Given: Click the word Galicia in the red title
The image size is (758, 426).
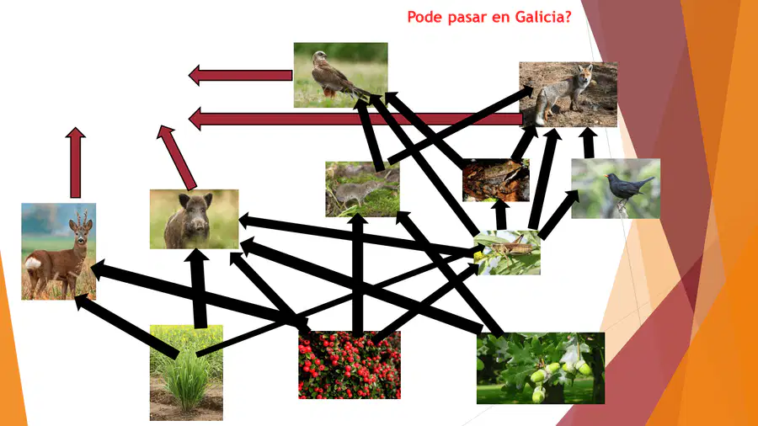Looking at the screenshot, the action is click(543, 17).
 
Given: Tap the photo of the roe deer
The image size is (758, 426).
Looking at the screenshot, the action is click(58, 251).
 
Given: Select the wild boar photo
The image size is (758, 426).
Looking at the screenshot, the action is click(194, 219).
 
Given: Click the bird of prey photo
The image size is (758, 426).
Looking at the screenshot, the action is click(341, 75).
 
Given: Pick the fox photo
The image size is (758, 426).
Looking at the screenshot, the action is click(568, 94).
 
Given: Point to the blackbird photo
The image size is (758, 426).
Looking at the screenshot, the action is click(616, 189).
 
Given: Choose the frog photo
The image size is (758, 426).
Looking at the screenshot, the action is click(496, 180).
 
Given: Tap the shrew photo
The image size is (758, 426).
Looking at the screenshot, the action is click(362, 189).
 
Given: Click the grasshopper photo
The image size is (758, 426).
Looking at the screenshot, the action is click(507, 253).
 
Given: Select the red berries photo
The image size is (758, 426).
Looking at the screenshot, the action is click(350, 365).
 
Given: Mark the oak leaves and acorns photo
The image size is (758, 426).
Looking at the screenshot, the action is click(541, 368).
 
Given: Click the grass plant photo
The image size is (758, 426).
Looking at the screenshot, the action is click(187, 372).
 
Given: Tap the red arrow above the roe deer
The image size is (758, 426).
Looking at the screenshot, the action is click(76, 162).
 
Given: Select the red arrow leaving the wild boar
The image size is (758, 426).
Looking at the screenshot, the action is click(177, 157).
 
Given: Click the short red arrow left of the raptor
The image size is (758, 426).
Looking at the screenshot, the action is click(240, 75).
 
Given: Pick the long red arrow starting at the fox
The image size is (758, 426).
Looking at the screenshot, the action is click(355, 119).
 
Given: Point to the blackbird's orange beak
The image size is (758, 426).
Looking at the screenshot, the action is click(606, 176).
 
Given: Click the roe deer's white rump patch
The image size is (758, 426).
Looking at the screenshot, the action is click(33, 264).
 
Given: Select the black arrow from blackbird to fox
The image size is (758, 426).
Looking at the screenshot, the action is click(589, 143).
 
